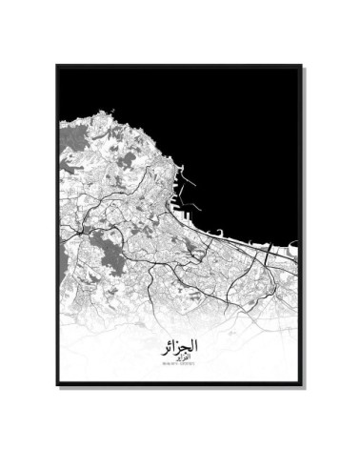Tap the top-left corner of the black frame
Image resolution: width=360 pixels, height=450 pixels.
tap(57, 66)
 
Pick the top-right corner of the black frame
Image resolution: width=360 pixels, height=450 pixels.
tap(302, 66)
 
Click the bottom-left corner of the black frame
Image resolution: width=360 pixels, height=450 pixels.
tap(57, 384)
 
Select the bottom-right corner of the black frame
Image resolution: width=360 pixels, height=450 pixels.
tap(302, 384)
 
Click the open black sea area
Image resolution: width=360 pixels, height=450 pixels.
tap(238, 133)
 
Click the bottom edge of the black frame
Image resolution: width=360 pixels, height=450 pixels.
tap(180, 384)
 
